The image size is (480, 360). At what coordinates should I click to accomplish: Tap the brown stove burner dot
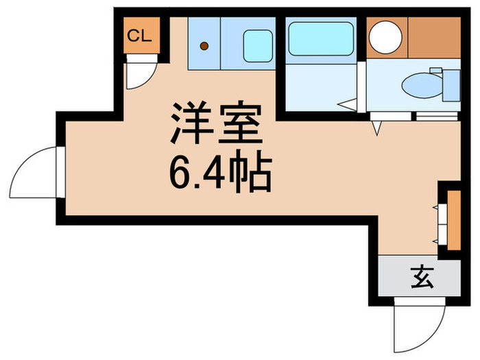pos(204,47)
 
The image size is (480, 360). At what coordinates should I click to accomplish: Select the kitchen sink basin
pos(256,43)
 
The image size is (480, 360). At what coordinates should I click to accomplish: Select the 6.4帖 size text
pos(220,173)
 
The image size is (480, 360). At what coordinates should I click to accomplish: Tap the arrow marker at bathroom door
pos(348,105)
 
